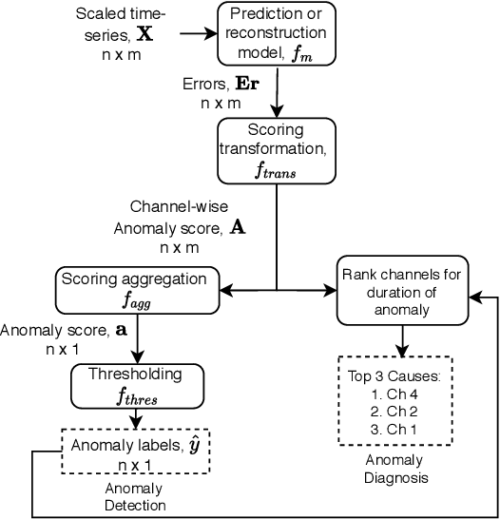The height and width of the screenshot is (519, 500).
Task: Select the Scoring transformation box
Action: click(276, 149)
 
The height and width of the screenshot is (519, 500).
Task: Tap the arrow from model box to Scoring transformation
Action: click(276, 92)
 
